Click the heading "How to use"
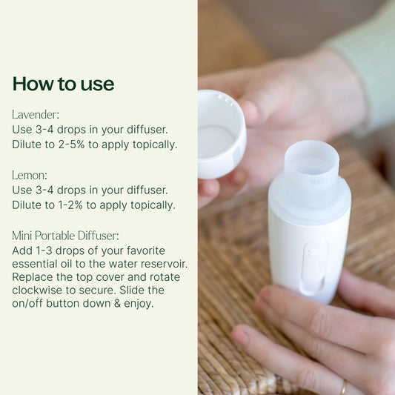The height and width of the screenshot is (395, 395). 63,84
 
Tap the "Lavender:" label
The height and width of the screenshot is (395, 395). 36,115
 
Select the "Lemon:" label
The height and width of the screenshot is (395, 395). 30,175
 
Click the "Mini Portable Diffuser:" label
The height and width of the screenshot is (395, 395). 65,236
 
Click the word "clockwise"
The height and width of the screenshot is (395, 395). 37,290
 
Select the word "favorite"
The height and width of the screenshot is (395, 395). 146,250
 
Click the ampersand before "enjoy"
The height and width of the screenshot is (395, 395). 117,303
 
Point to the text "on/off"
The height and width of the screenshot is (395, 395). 27,303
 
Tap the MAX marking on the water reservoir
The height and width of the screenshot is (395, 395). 316,181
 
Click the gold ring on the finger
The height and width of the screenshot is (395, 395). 343,388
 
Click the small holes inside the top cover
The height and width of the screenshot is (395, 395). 225,99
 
